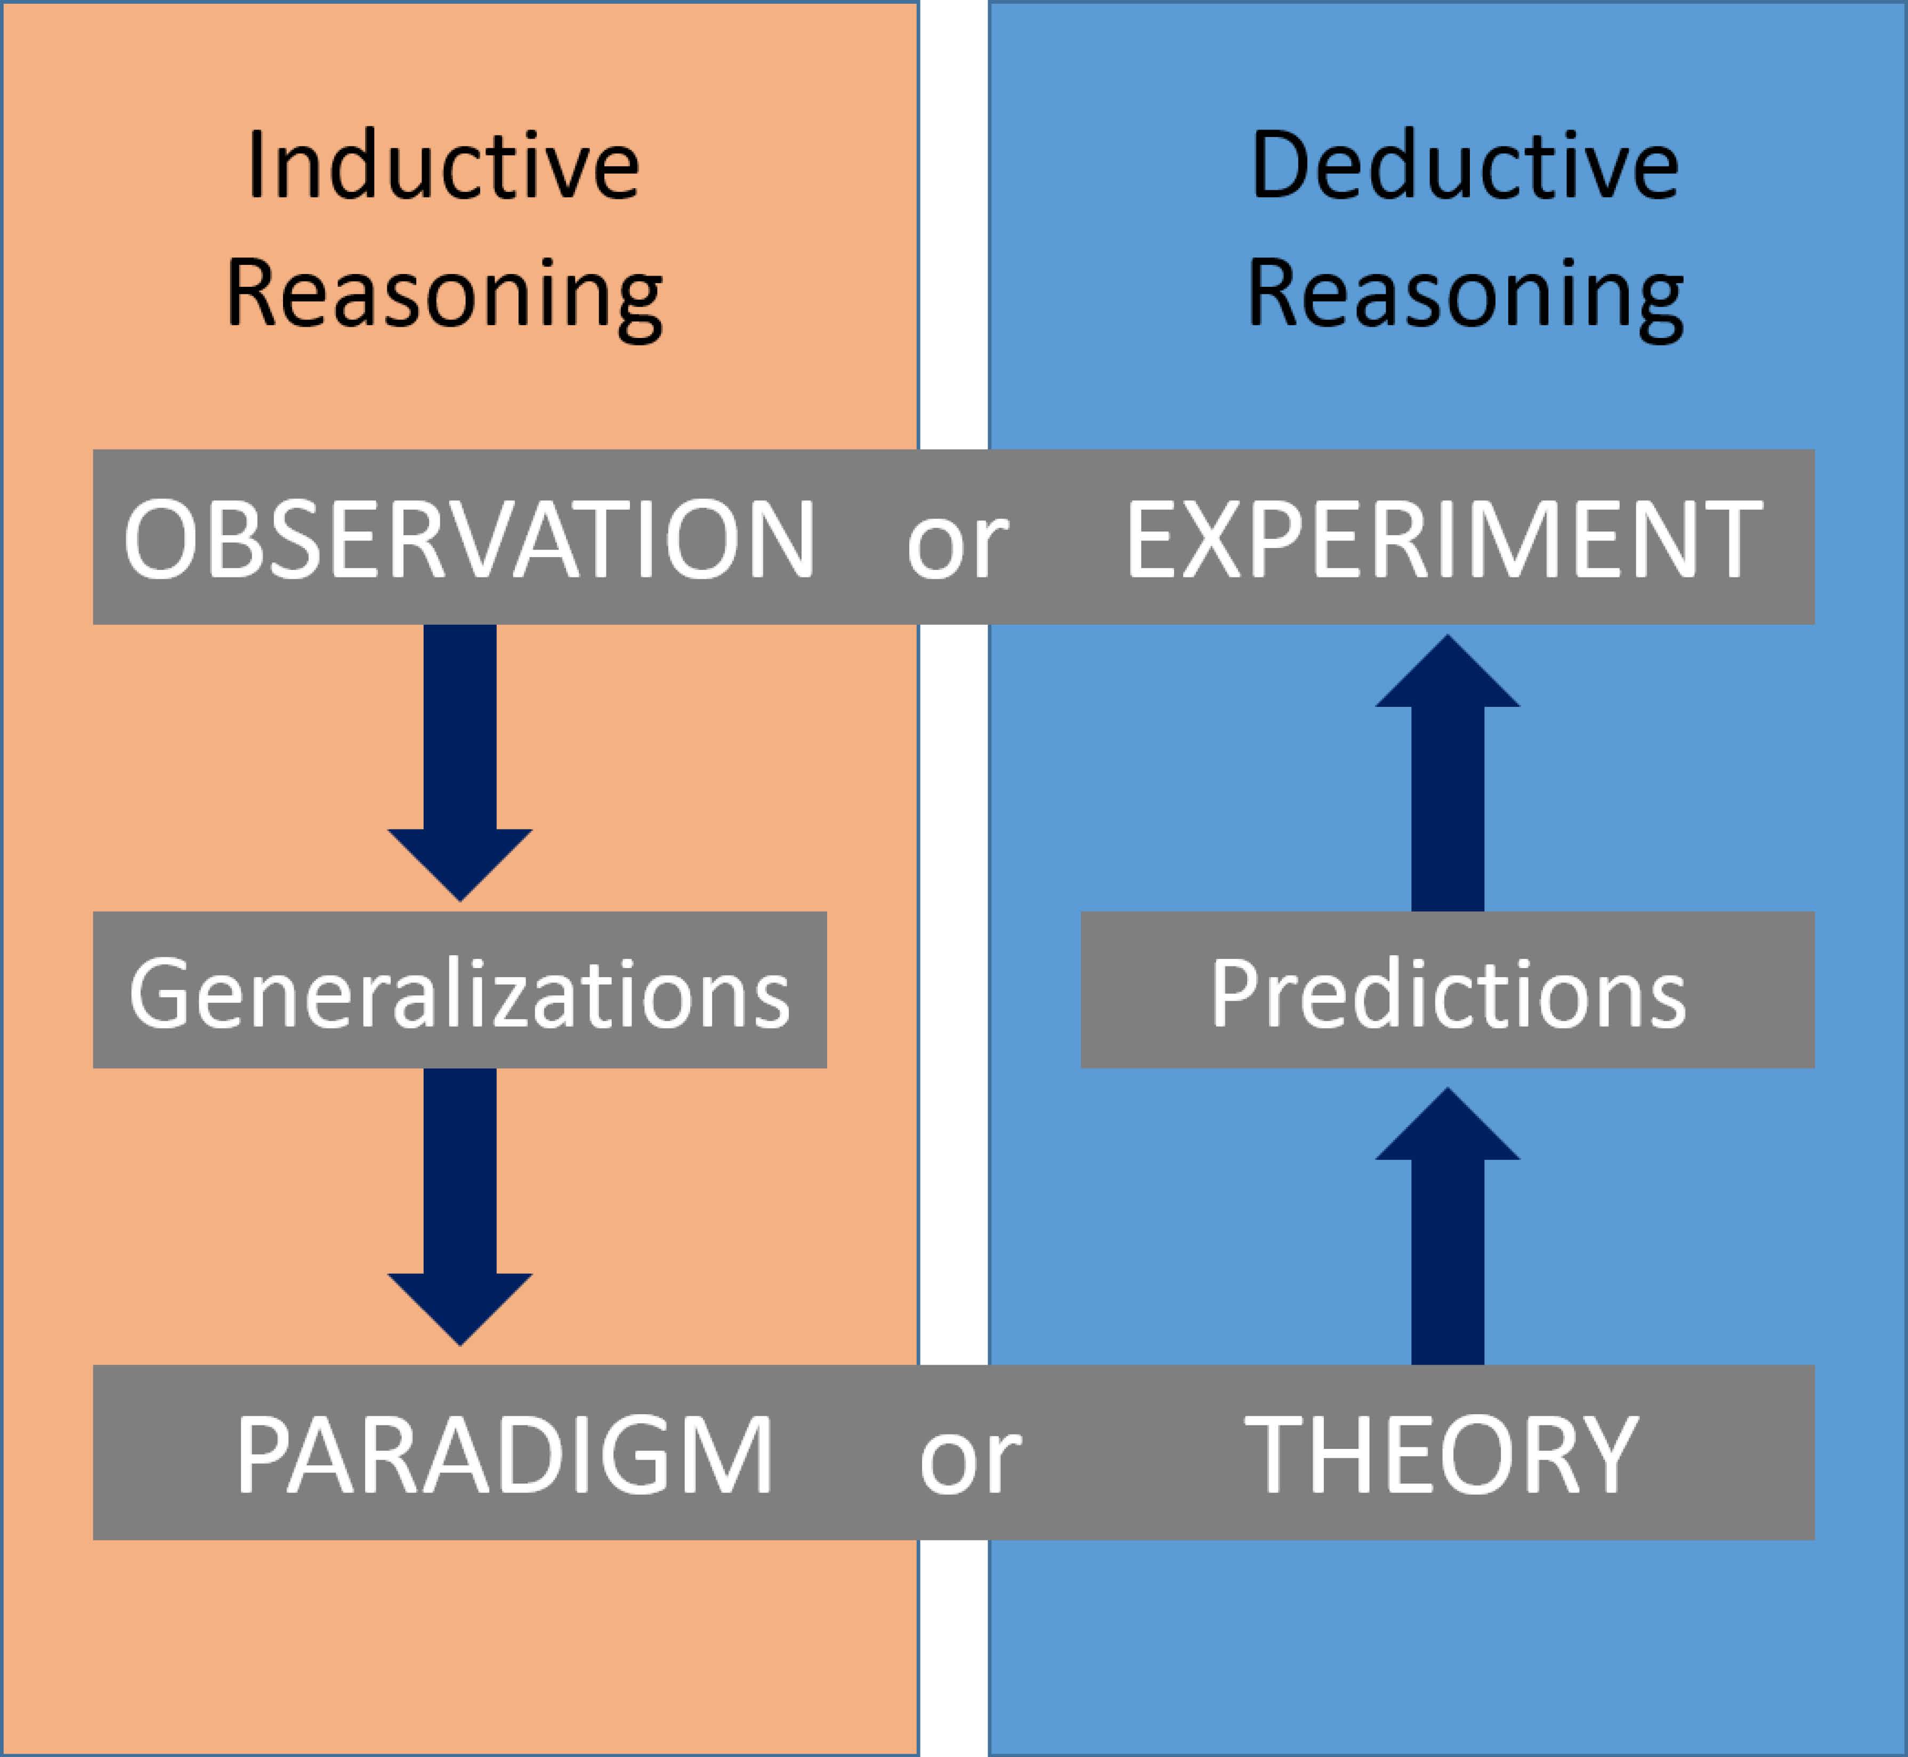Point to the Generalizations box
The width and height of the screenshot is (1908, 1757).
(459, 990)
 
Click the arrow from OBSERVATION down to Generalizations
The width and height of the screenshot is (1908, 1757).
(460, 762)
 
